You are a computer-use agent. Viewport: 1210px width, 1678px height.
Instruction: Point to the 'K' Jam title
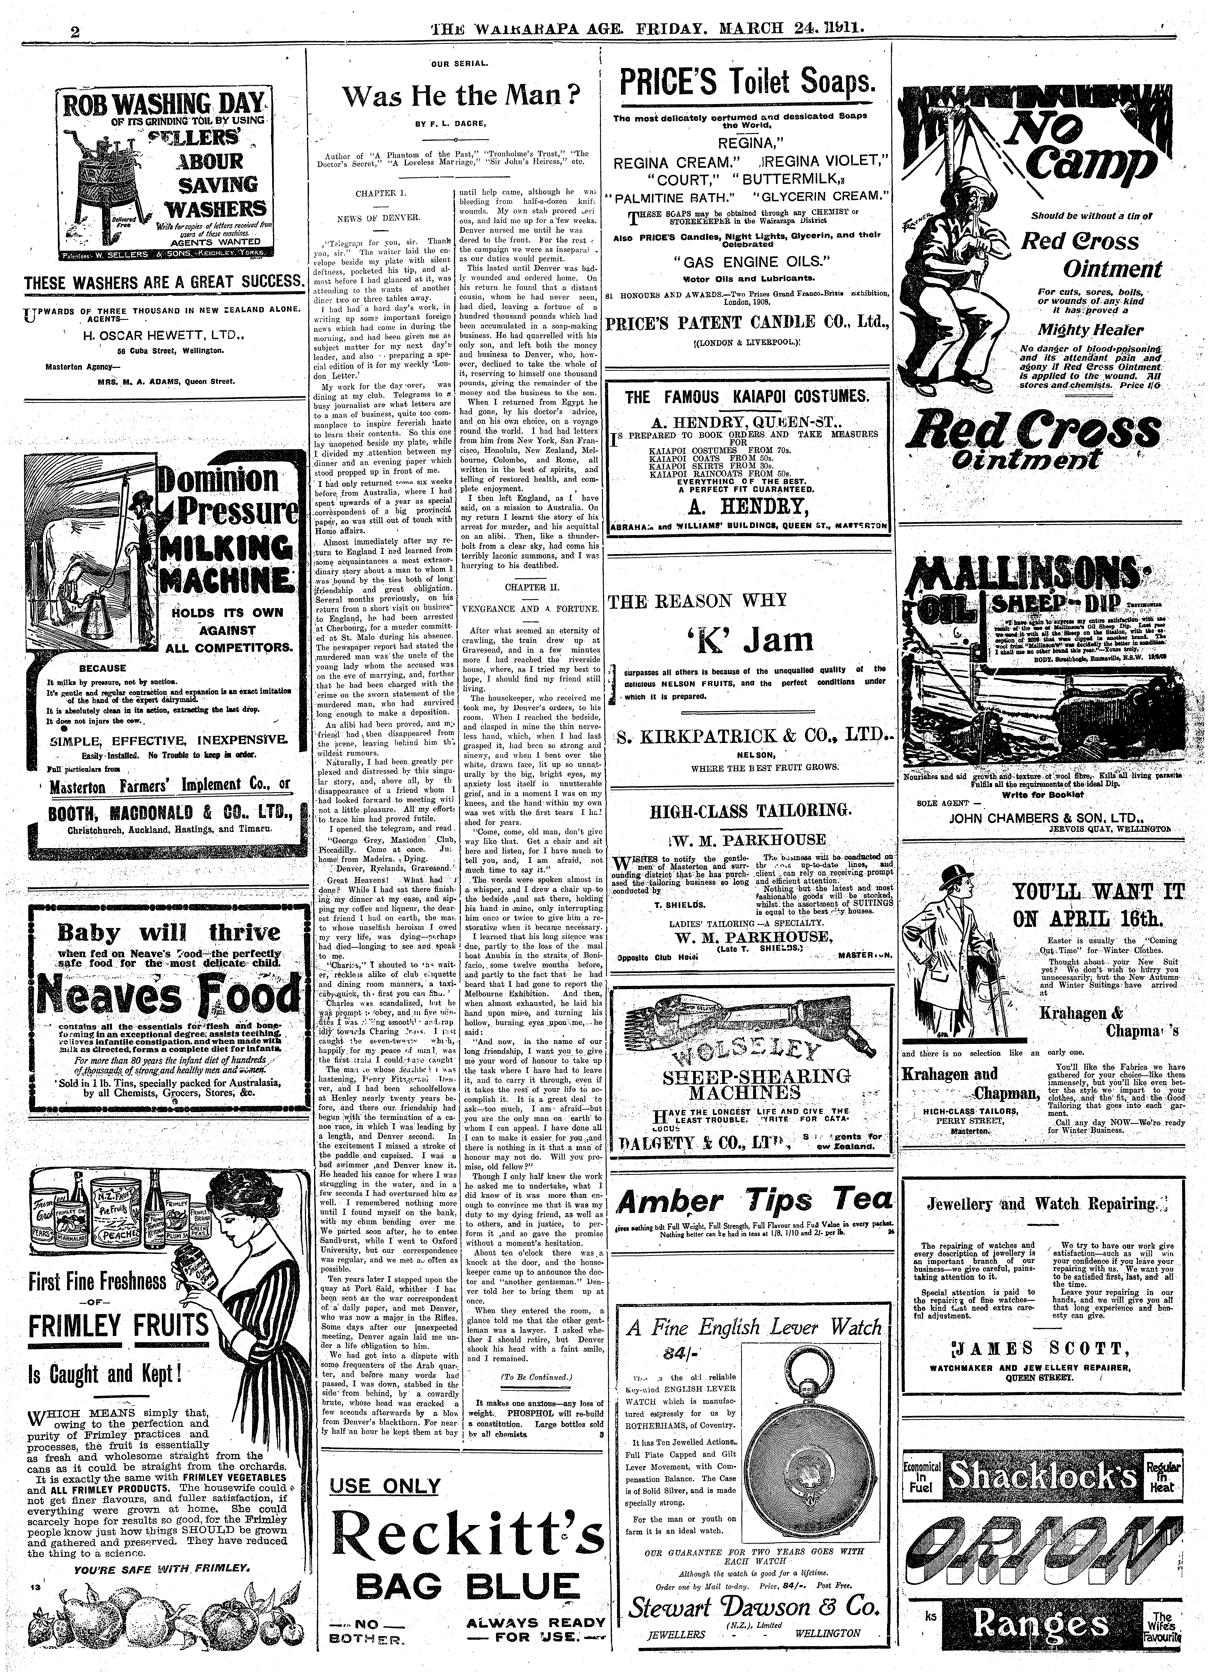point(749,639)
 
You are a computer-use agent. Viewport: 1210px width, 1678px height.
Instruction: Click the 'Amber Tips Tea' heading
point(755,1201)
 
